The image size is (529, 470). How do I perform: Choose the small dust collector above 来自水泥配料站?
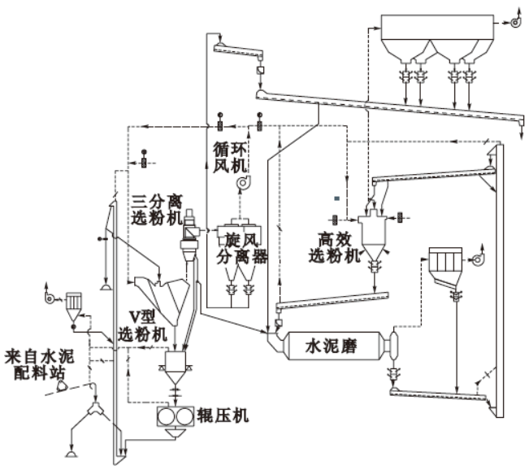coord(72,303)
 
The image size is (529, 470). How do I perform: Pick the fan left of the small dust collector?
coord(50,299)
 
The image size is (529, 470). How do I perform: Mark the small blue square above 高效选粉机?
coord(336,198)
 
